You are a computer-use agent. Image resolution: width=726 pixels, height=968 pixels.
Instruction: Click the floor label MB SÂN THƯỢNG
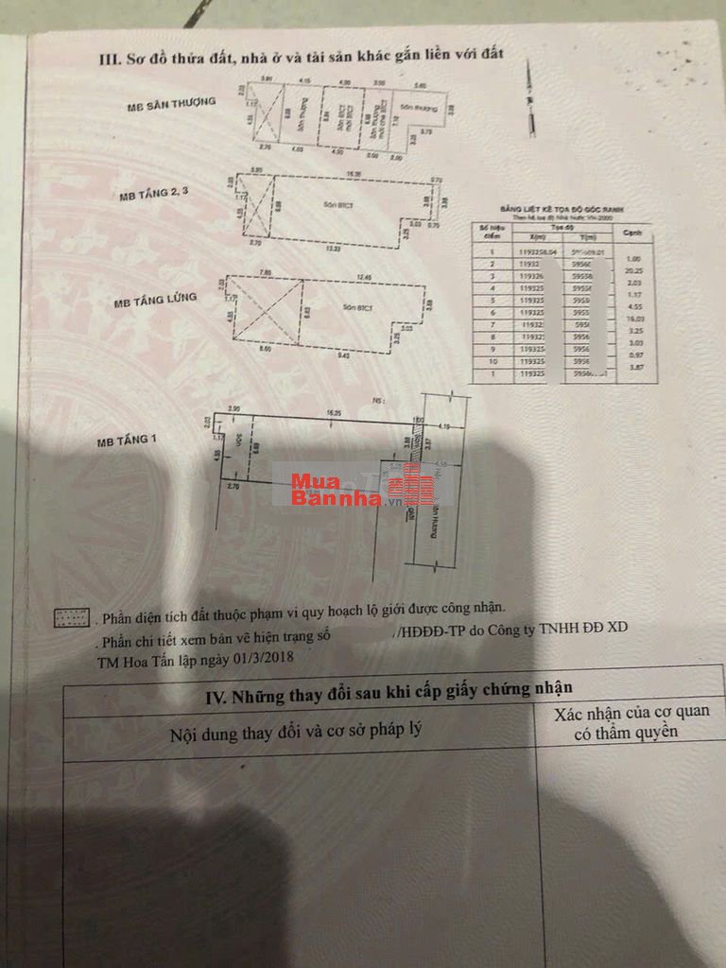171,105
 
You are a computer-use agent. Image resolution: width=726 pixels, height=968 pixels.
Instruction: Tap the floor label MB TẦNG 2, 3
156,197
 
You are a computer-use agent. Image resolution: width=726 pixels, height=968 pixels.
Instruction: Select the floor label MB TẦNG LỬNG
155,301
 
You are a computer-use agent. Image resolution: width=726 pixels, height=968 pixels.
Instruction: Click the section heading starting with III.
301,58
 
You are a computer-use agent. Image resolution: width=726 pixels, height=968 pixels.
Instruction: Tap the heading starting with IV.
389,699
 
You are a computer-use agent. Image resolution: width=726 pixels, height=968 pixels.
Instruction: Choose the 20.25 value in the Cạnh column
634,268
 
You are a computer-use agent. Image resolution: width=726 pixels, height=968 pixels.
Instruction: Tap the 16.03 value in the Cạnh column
634,320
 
